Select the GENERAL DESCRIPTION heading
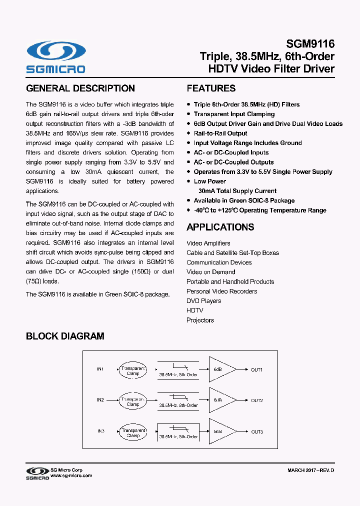point(80,88)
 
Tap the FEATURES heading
point(211,88)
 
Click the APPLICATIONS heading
point(220,227)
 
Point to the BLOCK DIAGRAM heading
point(65,336)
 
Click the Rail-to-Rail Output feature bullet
point(220,133)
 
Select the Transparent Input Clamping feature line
point(234,114)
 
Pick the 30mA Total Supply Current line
point(237,191)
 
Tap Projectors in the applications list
point(200,320)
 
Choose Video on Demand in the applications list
point(210,272)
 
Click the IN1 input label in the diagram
point(100,369)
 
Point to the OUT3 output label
point(256,431)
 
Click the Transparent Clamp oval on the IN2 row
point(132,400)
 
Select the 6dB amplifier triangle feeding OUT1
point(219,369)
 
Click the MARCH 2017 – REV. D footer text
point(310,471)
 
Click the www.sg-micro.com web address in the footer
point(71,476)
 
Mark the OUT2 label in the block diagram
point(256,400)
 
